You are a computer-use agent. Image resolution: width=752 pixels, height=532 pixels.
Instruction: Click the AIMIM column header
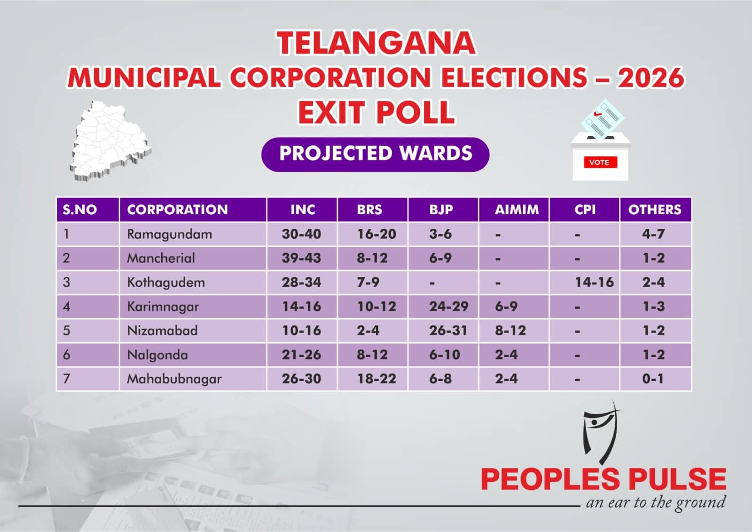pyautogui.click(x=517, y=210)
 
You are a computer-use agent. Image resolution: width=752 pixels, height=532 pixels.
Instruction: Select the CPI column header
pyautogui.click(x=585, y=210)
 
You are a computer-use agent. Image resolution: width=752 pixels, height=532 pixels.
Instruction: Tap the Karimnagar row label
pyautogui.click(x=163, y=307)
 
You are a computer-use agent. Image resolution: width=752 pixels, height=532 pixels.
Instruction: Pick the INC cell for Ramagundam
pyautogui.click(x=301, y=234)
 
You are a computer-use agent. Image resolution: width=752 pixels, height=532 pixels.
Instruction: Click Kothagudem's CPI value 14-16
pyautogui.click(x=594, y=282)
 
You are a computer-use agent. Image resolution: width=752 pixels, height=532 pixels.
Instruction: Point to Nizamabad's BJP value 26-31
pyautogui.click(x=448, y=331)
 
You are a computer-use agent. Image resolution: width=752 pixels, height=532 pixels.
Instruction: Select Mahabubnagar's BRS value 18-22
pyautogui.click(x=376, y=379)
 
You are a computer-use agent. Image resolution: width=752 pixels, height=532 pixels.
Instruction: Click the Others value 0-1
pyautogui.click(x=653, y=379)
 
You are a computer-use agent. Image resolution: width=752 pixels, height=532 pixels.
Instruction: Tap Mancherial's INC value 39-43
pyautogui.click(x=301, y=258)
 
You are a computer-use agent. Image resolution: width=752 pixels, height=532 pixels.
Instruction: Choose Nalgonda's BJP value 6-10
pyautogui.click(x=444, y=355)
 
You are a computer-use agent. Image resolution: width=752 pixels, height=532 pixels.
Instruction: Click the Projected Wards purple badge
pyautogui.click(x=375, y=154)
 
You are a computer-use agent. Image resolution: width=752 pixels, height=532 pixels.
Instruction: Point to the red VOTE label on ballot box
pyautogui.click(x=599, y=163)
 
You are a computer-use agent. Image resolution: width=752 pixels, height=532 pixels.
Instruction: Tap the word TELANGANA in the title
pyautogui.click(x=376, y=43)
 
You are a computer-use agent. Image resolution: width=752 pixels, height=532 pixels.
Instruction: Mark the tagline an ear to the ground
pyautogui.click(x=655, y=503)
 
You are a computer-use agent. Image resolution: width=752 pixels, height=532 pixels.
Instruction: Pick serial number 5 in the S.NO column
pyautogui.click(x=66, y=331)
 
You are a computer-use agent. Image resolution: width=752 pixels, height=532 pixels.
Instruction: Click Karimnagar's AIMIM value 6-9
pyautogui.click(x=506, y=307)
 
